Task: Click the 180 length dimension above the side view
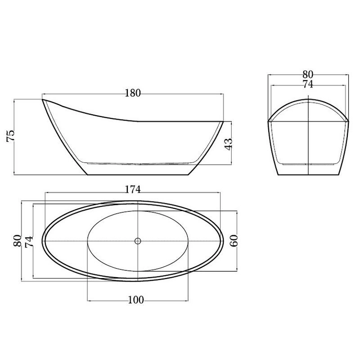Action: tap(133, 93)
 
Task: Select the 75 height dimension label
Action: tap(10, 136)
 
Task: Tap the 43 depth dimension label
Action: tap(228, 144)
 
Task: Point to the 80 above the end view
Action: tap(308, 75)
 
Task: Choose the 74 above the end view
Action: tap(308, 85)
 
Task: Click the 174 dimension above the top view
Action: tap(133, 189)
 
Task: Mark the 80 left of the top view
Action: tap(17, 241)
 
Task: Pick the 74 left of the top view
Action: tap(29, 242)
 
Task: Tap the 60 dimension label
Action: tap(234, 241)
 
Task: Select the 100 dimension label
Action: tap(136, 300)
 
